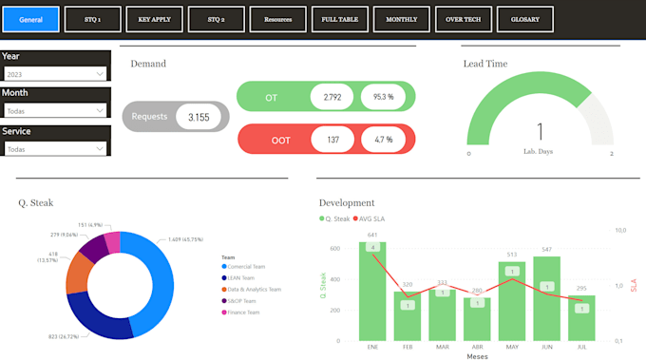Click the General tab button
[32, 18]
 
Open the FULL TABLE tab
[339, 18]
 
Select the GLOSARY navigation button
[525, 18]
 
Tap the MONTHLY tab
[401, 18]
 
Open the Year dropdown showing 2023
[55, 73]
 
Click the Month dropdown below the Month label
[55, 111]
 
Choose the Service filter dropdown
[55, 149]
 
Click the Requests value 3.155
[199, 117]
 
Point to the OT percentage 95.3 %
[383, 97]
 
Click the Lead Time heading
[484, 64]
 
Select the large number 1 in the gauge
[540, 132]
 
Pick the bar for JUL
[581, 316]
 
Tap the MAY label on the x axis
[511, 347]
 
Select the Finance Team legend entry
[242, 312]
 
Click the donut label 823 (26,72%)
[64, 336]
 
